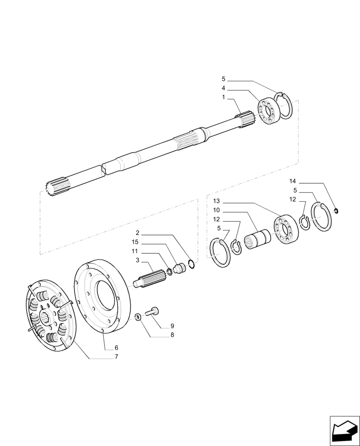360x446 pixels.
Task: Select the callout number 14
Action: pyautogui.click(x=292, y=182)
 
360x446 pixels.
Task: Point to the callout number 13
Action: pyautogui.click(x=216, y=201)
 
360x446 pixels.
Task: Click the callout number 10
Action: pyautogui.click(x=216, y=210)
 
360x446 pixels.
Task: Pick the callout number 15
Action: pyautogui.click(x=135, y=242)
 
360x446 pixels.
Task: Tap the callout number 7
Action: pyautogui.click(x=116, y=356)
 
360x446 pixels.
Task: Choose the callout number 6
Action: pyautogui.click(x=116, y=347)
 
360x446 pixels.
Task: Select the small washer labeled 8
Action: pyautogui.click(x=138, y=317)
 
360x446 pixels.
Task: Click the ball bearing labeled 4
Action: pyautogui.click(x=269, y=113)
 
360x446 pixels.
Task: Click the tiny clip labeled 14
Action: pyautogui.click(x=337, y=211)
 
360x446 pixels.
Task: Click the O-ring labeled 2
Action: pyautogui.click(x=191, y=265)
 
